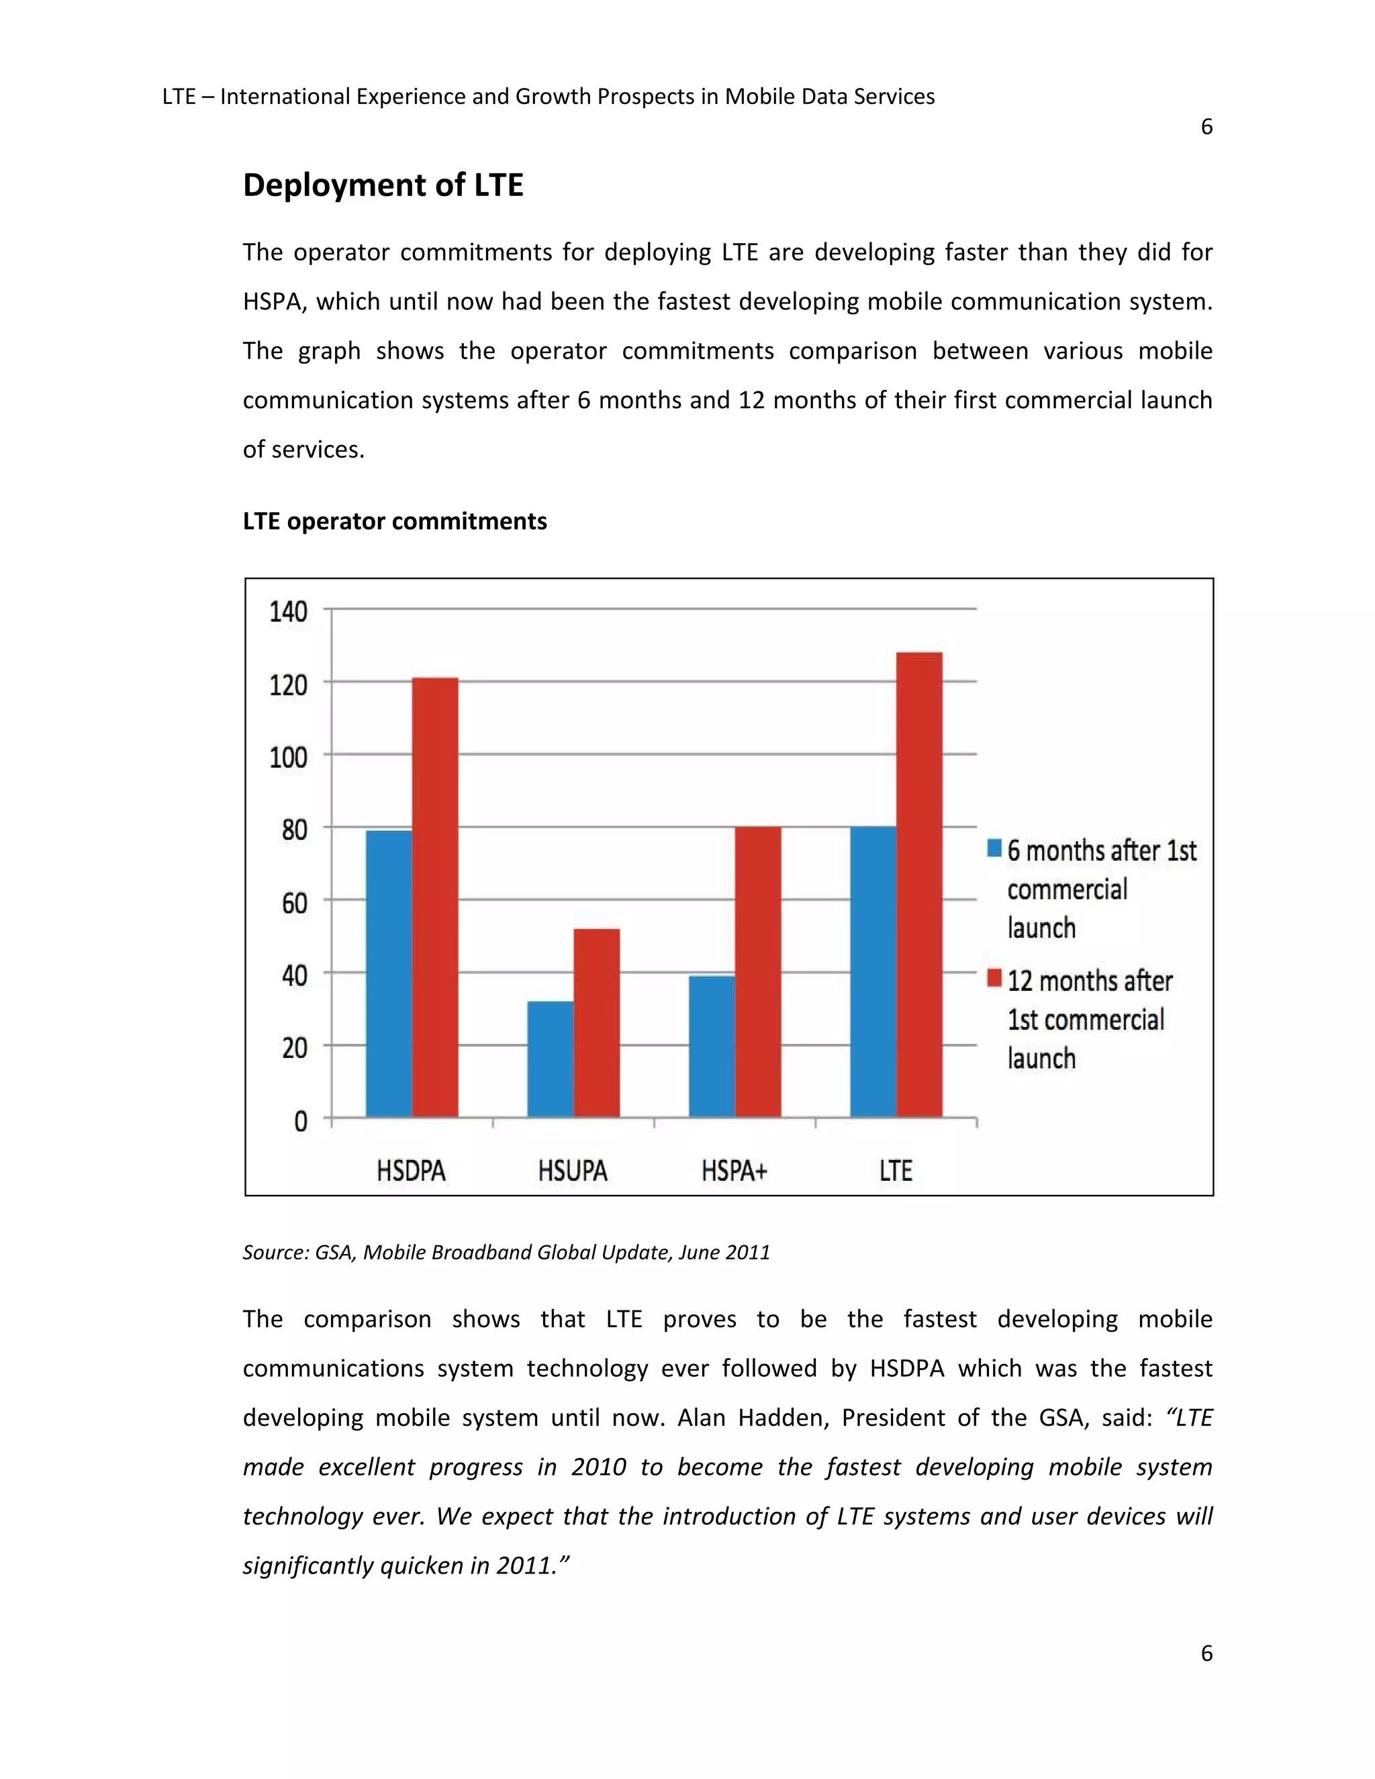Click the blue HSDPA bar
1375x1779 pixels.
(x=389, y=973)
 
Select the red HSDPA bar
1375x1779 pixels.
(x=435, y=896)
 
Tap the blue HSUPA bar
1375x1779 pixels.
(x=550, y=1059)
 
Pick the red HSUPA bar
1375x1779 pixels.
(x=596, y=1022)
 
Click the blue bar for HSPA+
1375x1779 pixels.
(x=711, y=1047)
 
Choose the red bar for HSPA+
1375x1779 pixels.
(x=757, y=971)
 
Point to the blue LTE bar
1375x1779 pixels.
(x=872, y=971)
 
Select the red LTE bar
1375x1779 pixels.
(x=919, y=884)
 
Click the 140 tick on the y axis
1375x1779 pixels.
(x=288, y=611)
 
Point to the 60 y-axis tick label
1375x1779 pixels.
(x=294, y=902)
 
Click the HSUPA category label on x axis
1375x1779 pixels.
(x=573, y=1171)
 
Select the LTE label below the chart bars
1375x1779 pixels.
(x=895, y=1171)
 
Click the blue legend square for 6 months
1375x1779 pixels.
(x=994, y=848)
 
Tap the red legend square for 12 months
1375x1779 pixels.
(x=994, y=978)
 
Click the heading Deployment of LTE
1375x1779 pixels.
(x=383, y=185)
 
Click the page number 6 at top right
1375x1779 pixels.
(x=1206, y=127)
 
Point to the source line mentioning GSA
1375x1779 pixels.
(x=506, y=1252)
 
